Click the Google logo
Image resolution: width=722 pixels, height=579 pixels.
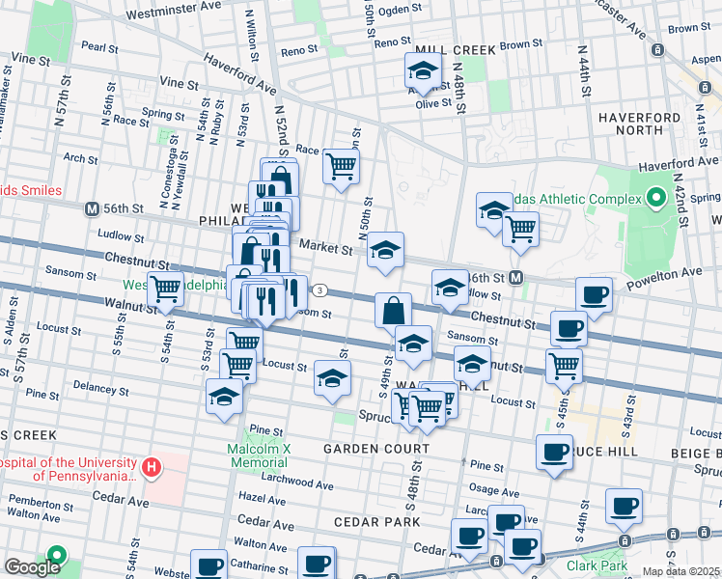[x=32, y=568]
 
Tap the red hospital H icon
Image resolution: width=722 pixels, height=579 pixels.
[x=151, y=469]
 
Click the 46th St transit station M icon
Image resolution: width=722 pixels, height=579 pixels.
[x=516, y=278]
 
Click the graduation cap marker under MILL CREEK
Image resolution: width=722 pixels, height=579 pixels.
[x=422, y=71]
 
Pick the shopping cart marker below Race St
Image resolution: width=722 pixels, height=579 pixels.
[x=341, y=167]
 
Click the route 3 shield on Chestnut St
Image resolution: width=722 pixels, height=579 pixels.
[x=319, y=290]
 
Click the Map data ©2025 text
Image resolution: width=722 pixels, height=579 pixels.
[x=680, y=571]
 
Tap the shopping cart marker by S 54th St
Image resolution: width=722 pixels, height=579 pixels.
[x=167, y=288]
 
